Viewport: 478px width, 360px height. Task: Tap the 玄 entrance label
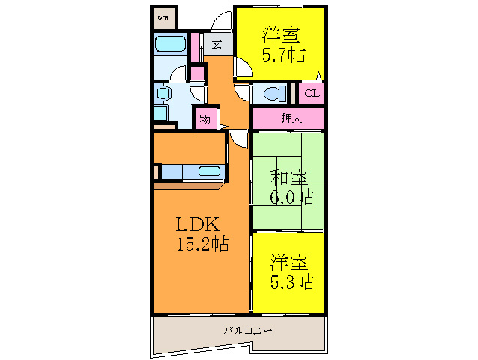pyautogui.click(x=216, y=44)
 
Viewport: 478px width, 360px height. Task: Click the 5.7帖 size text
pyautogui.click(x=282, y=54)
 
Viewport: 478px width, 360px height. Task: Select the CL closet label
pyautogui.click(x=312, y=94)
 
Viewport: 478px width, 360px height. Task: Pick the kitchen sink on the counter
pyautogui.click(x=209, y=172)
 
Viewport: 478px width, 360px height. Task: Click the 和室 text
pyautogui.click(x=289, y=178)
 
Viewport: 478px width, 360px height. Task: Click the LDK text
pyautogui.click(x=196, y=224)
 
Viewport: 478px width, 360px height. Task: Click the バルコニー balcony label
pyautogui.click(x=247, y=330)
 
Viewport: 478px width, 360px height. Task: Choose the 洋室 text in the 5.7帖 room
pyautogui.click(x=281, y=34)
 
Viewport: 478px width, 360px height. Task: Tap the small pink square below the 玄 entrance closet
pyautogui.click(x=197, y=73)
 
